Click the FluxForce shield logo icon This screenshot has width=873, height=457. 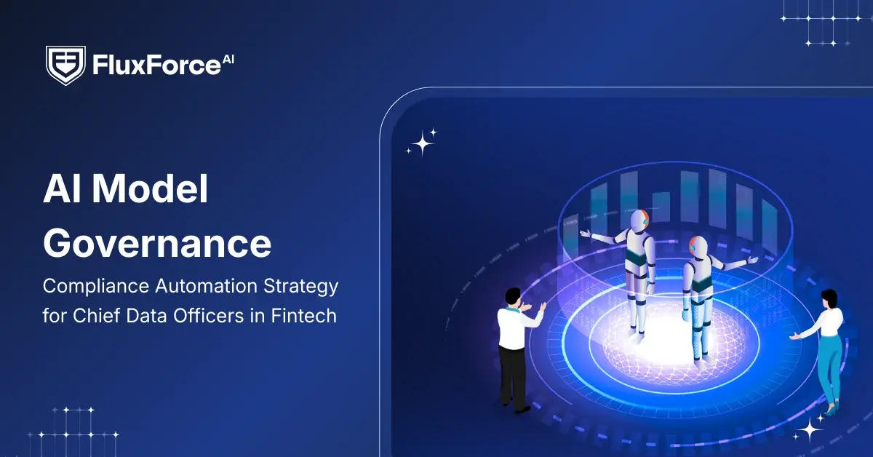(x=65, y=65)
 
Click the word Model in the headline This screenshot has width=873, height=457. (x=153, y=191)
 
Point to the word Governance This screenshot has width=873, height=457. (x=157, y=243)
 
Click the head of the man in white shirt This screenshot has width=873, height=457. (x=513, y=297)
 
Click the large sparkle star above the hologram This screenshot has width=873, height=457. (x=423, y=142)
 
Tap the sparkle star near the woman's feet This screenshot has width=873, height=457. (x=809, y=431)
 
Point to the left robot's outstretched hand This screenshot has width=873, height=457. (x=585, y=233)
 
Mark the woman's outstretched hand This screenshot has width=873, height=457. (x=795, y=335)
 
